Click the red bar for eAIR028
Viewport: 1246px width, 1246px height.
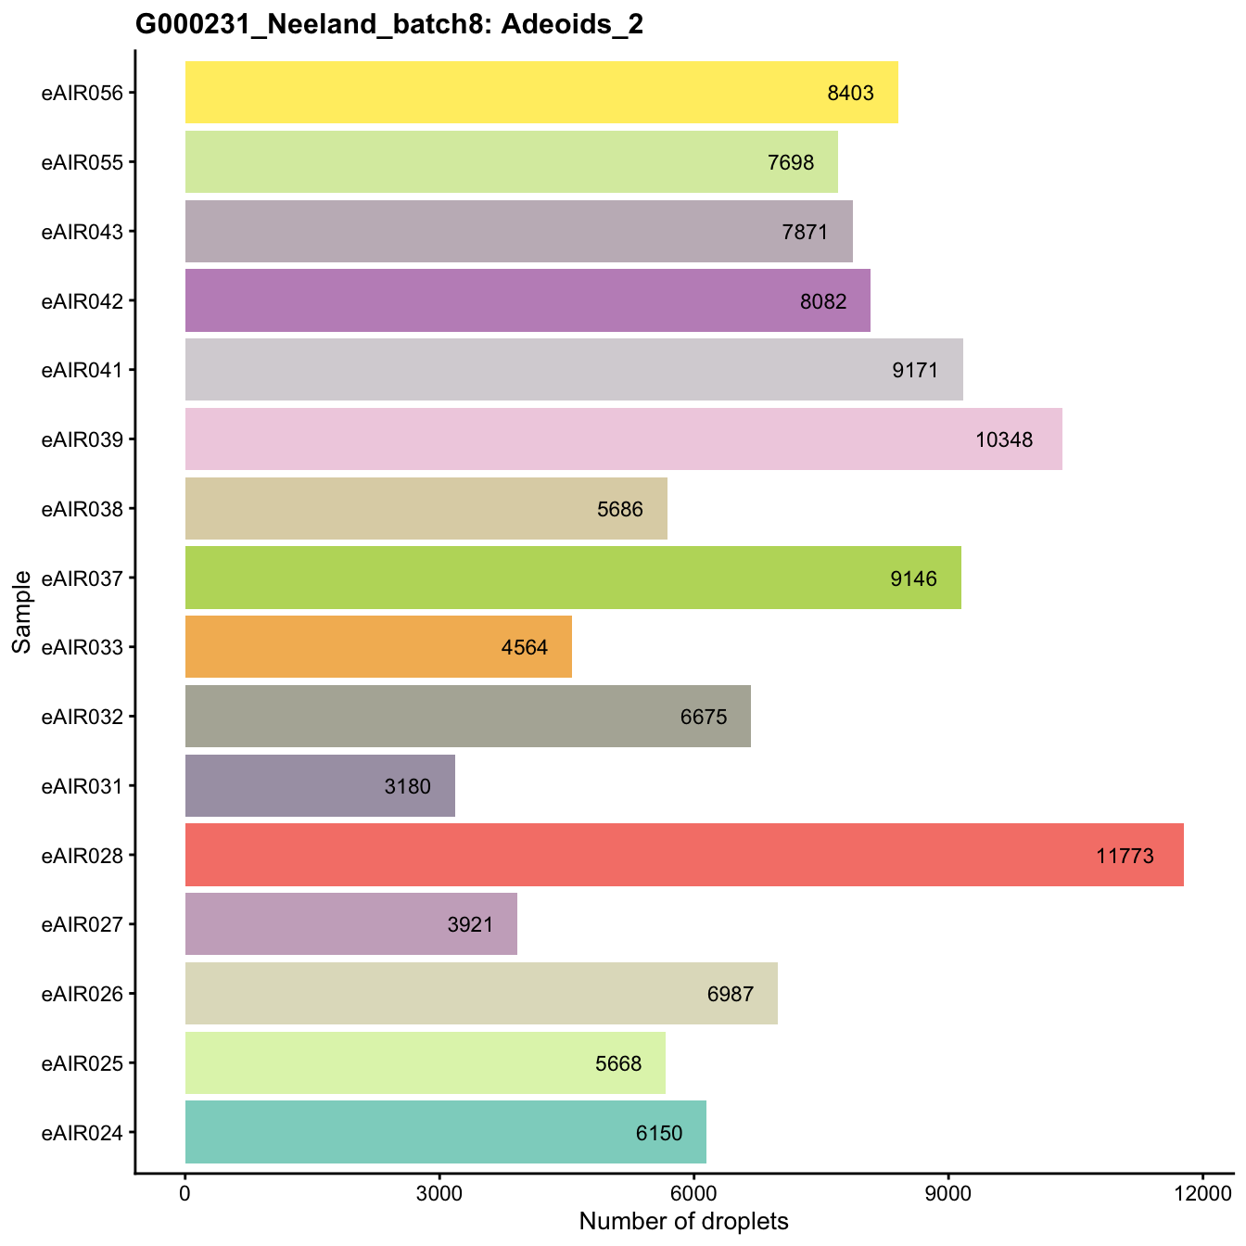click(684, 855)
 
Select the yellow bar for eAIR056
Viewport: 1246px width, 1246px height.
click(541, 92)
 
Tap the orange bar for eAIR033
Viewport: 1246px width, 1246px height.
click(378, 646)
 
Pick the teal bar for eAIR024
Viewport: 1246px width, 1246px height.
click(445, 1132)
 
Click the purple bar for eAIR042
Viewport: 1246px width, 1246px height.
click(528, 300)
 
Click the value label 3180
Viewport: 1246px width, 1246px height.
click(408, 787)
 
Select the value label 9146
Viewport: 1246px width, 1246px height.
click(914, 579)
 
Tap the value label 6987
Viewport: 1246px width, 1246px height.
click(731, 995)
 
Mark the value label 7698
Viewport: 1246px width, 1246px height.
click(791, 163)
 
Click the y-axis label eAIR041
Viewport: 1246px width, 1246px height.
click(82, 370)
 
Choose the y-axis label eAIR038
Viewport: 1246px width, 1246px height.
click(82, 508)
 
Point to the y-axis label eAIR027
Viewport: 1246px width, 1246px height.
click(82, 924)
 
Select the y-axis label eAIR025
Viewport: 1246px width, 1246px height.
click(82, 1063)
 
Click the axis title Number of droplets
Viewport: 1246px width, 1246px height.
click(683, 1222)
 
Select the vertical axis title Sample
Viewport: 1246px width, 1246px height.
click(22, 612)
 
